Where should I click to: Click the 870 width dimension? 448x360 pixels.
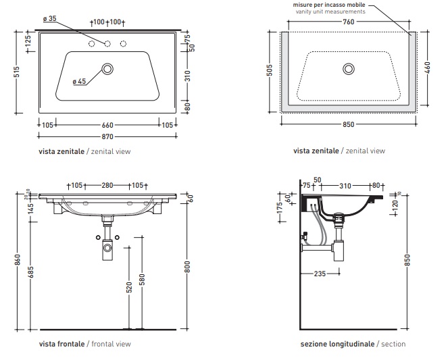click(x=107, y=137)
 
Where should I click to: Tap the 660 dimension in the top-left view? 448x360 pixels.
click(x=107, y=124)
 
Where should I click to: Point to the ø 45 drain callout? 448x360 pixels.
click(x=79, y=82)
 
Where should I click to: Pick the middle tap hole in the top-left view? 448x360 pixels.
click(x=107, y=44)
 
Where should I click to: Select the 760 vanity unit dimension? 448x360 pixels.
click(x=348, y=21)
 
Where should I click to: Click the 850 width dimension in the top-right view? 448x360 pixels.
click(x=348, y=124)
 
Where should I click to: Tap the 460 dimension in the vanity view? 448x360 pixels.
click(x=428, y=68)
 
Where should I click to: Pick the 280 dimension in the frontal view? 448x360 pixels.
click(x=107, y=185)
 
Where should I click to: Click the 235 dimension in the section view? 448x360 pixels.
click(x=320, y=274)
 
